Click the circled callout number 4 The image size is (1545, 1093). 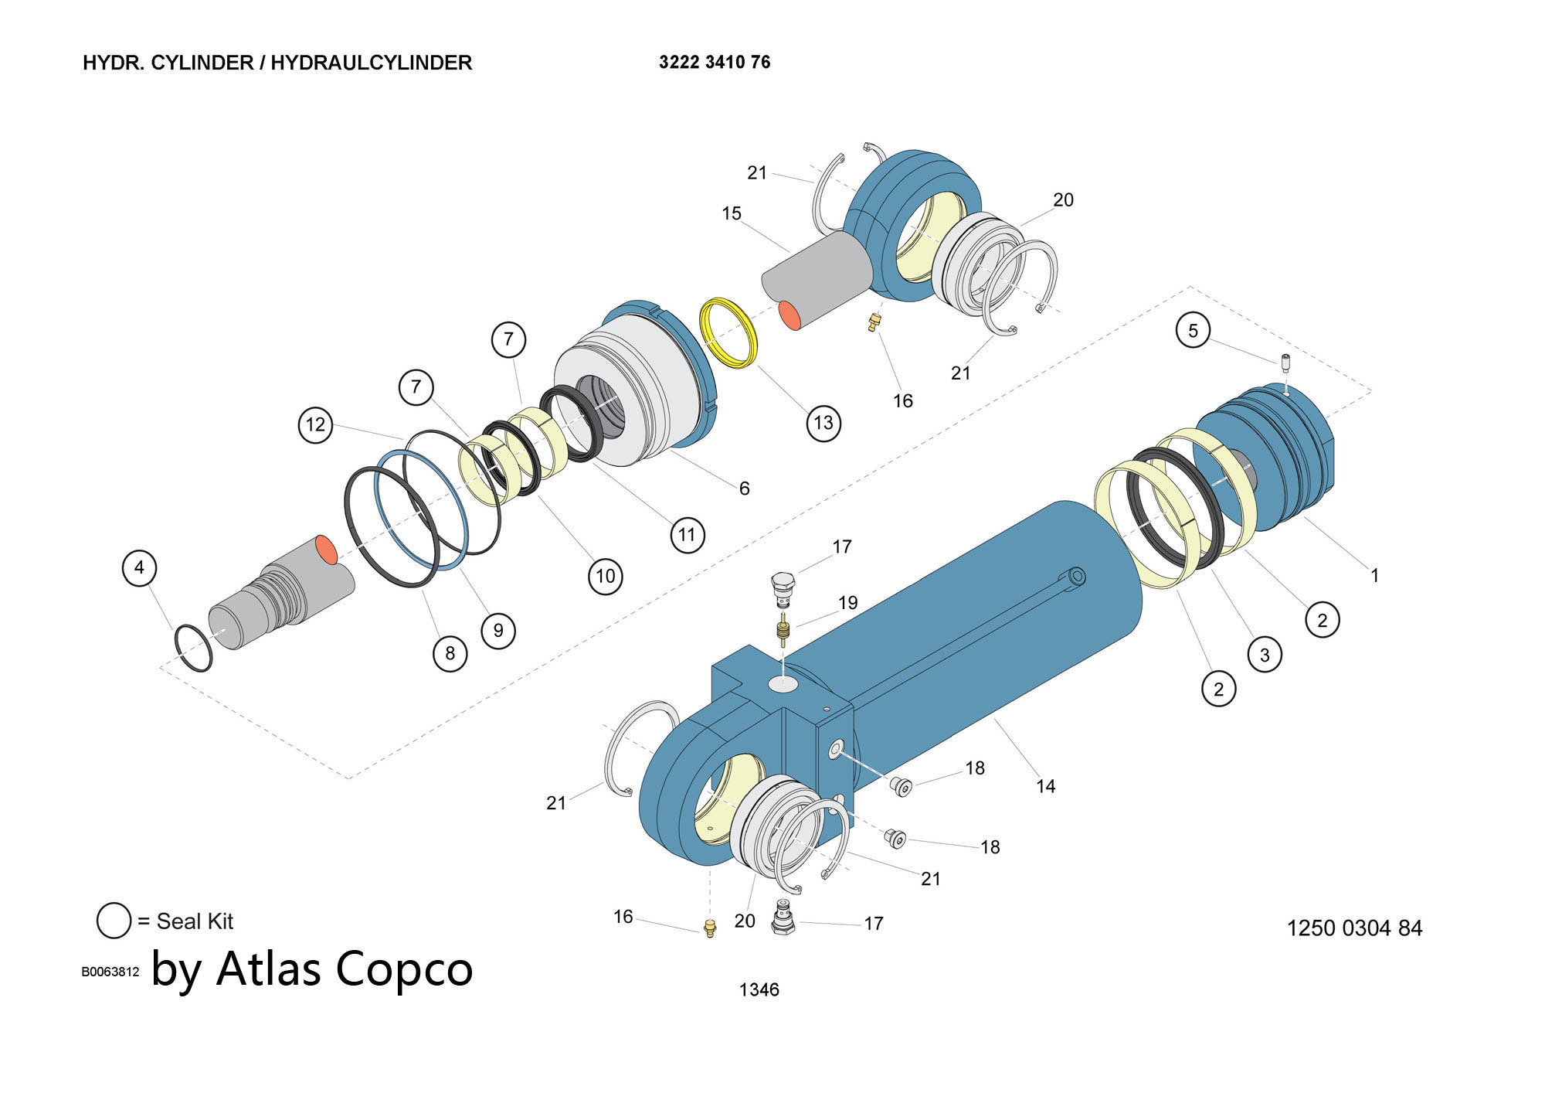pyautogui.click(x=139, y=568)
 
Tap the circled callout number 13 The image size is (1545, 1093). pyautogui.click(x=823, y=423)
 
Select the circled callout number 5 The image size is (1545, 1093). pyautogui.click(x=1193, y=331)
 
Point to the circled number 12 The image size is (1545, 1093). pyautogui.click(x=315, y=424)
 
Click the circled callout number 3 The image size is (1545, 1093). pyautogui.click(x=1265, y=655)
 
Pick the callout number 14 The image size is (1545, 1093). pyautogui.click(x=1045, y=786)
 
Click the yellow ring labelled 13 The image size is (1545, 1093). pyautogui.click(x=728, y=333)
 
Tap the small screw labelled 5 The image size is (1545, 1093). pyautogui.click(x=1285, y=363)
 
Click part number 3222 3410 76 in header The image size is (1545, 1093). pyautogui.click(x=714, y=63)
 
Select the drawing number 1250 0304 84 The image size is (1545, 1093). pyautogui.click(x=1354, y=928)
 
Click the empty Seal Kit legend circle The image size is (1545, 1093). pyautogui.click(x=114, y=921)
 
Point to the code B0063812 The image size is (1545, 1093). pyautogui.click(x=110, y=972)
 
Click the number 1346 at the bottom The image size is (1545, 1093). pyautogui.click(x=759, y=989)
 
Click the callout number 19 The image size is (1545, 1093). pyautogui.click(x=847, y=602)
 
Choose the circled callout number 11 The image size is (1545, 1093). pyautogui.click(x=687, y=534)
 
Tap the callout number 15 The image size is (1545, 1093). pyautogui.click(x=731, y=213)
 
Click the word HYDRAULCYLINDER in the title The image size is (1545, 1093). pyautogui.click(x=371, y=63)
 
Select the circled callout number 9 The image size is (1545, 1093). pyautogui.click(x=498, y=631)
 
